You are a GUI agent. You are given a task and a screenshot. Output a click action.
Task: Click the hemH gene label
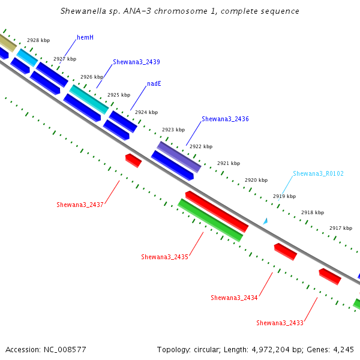pyautogui.click(x=85, y=37)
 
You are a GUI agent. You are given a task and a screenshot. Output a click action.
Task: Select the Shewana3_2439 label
pyautogui.click(x=136, y=62)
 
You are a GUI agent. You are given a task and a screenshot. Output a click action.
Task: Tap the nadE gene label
pyautogui.click(x=154, y=83)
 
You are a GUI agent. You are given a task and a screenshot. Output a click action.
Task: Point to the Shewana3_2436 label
pyautogui.click(x=225, y=119)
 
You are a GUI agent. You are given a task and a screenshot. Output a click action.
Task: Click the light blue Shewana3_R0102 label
pyautogui.click(x=318, y=173)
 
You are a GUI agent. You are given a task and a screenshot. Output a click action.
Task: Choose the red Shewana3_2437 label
pyautogui.click(x=80, y=205)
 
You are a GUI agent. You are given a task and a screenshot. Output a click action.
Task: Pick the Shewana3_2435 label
pyautogui.click(x=164, y=257)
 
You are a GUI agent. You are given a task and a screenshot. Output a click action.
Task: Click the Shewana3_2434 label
pyautogui.click(x=234, y=298)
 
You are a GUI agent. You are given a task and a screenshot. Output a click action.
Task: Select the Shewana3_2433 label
pyautogui.click(x=280, y=323)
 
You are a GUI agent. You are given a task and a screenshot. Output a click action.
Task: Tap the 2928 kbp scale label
pyautogui.click(x=38, y=40)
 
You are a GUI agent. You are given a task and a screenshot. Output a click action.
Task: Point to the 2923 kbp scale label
pyautogui.click(x=173, y=130)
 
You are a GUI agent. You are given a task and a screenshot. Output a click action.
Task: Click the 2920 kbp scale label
pyautogui.click(x=256, y=180)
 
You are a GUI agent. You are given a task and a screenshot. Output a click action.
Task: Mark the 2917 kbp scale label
pyautogui.click(x=341, y=228)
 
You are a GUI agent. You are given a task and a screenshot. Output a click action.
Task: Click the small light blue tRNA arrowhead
pyautogui.click(x=266, y=221)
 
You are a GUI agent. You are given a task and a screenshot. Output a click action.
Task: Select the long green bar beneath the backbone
pyautogui.click(x=211, y=220)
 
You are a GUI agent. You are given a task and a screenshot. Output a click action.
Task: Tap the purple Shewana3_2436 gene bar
pyautogui.click(x=179, y=157)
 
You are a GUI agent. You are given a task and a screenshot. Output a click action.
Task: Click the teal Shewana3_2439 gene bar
pyautogui.click(x=89, y=99)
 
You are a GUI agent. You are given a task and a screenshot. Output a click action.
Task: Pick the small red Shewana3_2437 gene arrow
pyautogui.click(x=133, y=160)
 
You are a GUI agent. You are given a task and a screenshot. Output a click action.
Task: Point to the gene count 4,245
pyautogui.click(x=343, y=350)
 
